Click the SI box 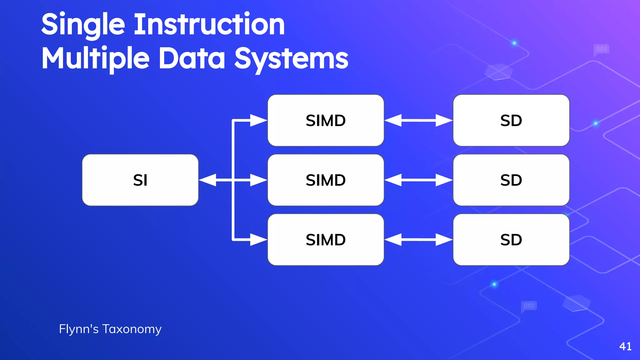(x=140, y=180)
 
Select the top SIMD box (x=326, y=120)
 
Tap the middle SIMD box (x=326, y=180)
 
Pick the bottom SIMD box (x=326, y=240)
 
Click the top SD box (x=511, y=120)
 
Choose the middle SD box (x=511, y=180)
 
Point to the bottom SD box (x=511, y=240)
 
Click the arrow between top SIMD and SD (x=418, y=120)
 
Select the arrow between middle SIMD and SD (x=418, y=180)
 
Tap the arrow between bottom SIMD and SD (x=418, y=240)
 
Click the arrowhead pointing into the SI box (x=207, y=180)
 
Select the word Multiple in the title (x=95, y=59)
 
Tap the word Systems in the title (x=291, y=59)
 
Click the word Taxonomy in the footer (x=132, y=329)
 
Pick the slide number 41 (x=625, y=346)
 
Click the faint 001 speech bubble (x=601, y=49)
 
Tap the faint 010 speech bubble (x=529, y=306)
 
